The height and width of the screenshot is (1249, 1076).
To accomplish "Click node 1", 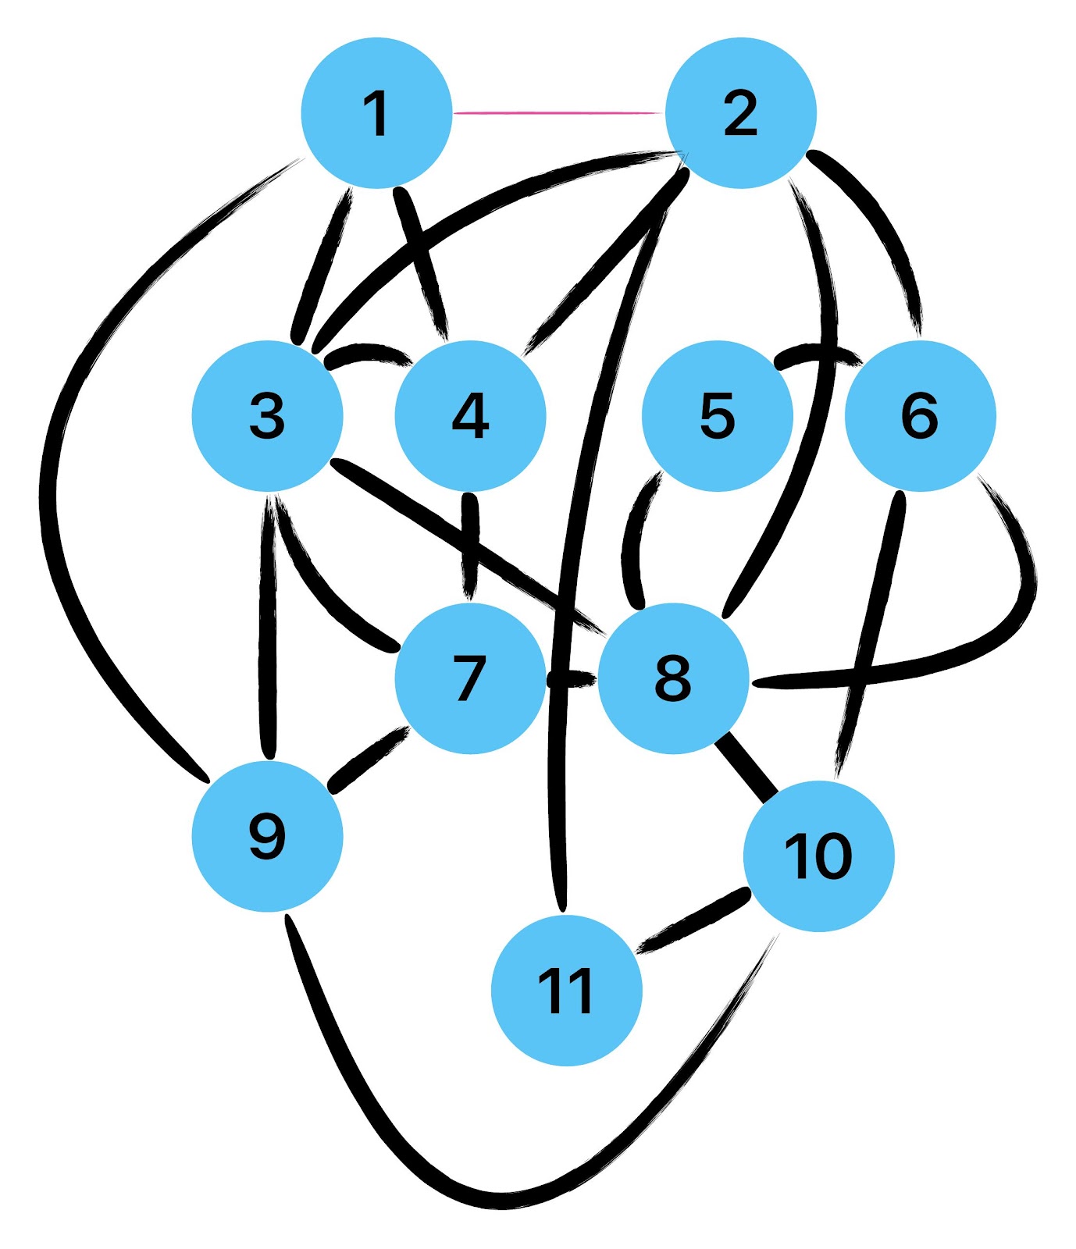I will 377,113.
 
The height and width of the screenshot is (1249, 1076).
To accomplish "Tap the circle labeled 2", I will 740,113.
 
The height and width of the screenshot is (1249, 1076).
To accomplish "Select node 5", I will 717,415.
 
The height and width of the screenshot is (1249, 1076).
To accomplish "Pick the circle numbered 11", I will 567,990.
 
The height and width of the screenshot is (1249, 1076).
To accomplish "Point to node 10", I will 818,856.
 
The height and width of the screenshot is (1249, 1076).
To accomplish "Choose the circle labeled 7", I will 470,678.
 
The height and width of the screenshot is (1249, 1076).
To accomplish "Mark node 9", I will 268,836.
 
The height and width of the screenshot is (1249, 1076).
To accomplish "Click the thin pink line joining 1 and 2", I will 558,113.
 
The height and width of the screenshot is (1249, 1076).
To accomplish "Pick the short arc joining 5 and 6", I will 818,353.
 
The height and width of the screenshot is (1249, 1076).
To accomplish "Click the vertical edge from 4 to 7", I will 470,546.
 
